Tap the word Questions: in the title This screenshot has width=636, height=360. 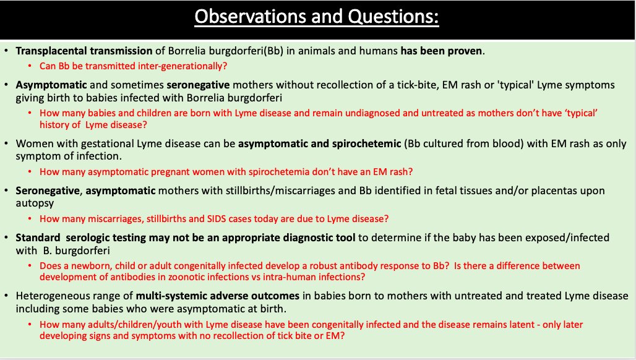(x=393, y=16)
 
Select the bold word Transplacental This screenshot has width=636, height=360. (x=51, y=51)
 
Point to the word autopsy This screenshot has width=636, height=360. (x=35, y=203)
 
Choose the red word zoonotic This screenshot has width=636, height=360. (x=187, y=277)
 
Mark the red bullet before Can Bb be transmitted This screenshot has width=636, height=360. (x=30, y=66)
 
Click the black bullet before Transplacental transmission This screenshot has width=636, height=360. (x=6, y=51)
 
